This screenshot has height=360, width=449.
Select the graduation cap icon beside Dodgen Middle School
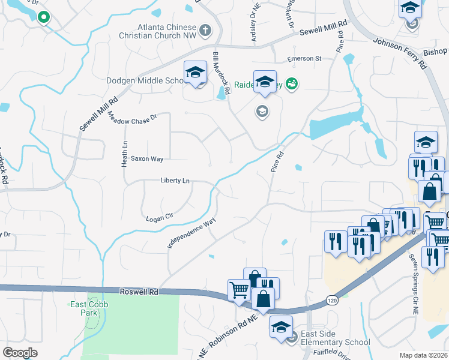pyautogui.click(x=195, y=74)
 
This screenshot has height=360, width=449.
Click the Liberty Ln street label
pyautogui.click(x=175, y=180)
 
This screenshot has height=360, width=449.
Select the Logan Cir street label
pyautogui.click(x=160, y=216)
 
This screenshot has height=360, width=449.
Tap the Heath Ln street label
pyautogui.click(x=125, y=153)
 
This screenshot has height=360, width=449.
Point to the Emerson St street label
pyautogui.click(x=304, y=58)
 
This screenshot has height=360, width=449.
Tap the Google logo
pyautogui.click(x=20, y=352)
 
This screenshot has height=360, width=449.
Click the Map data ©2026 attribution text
pyautogui.click(x=424, y=355)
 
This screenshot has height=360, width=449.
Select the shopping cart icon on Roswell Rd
pyautogui.click(x=239, y=290)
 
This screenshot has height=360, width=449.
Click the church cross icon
pyautogui.click(x=205, y=29)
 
